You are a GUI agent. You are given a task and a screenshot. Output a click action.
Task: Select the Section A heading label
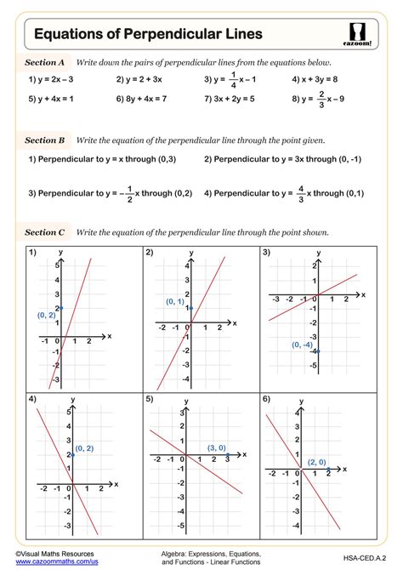45,63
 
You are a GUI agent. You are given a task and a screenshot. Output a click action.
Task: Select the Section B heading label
45,140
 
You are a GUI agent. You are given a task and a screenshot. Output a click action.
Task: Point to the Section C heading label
45,231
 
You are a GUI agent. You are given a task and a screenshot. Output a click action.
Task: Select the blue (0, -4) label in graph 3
303,345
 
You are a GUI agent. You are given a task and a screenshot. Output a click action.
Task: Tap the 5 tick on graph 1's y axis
56,266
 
